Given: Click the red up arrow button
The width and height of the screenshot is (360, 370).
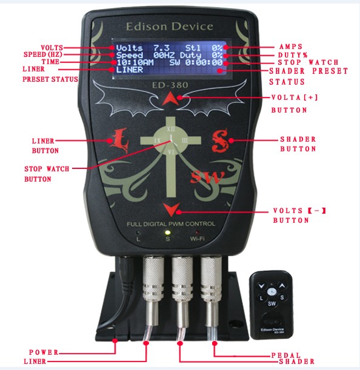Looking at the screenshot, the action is (x=170, y=99).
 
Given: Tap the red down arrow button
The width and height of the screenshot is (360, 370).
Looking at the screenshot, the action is (x=171, y=209).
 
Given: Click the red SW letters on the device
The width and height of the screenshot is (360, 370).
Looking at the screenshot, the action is (x=207, y=177).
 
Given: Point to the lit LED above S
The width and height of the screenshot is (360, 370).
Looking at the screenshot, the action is (x=167, y=233).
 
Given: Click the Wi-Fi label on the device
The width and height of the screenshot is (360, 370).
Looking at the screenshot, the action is (x=197, y=239).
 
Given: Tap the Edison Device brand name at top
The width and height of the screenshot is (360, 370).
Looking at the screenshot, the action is (x=170, y=27).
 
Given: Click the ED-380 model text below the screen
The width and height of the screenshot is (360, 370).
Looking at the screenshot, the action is (x=170, y=85).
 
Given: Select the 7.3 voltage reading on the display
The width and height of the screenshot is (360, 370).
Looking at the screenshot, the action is (x=162, y=48).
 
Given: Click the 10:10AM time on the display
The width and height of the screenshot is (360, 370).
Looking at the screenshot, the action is (x=135, y=62).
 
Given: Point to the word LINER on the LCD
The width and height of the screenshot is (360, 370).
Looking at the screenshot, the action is (x=130, y=70).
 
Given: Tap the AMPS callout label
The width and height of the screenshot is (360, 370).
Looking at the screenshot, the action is (x=291, y=47).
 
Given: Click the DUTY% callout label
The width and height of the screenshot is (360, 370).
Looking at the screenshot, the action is (x=293, y=55).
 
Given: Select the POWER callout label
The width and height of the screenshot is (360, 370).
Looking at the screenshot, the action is (x=44, y=352).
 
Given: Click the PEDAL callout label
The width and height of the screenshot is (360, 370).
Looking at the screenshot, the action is (x=286, y=355).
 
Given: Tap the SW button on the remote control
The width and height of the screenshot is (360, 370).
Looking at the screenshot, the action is (x=272, y=303).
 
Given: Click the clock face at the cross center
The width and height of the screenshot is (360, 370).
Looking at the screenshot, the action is (x=171, y=140).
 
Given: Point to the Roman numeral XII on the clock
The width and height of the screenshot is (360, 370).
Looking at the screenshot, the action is (x=171, y=129).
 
